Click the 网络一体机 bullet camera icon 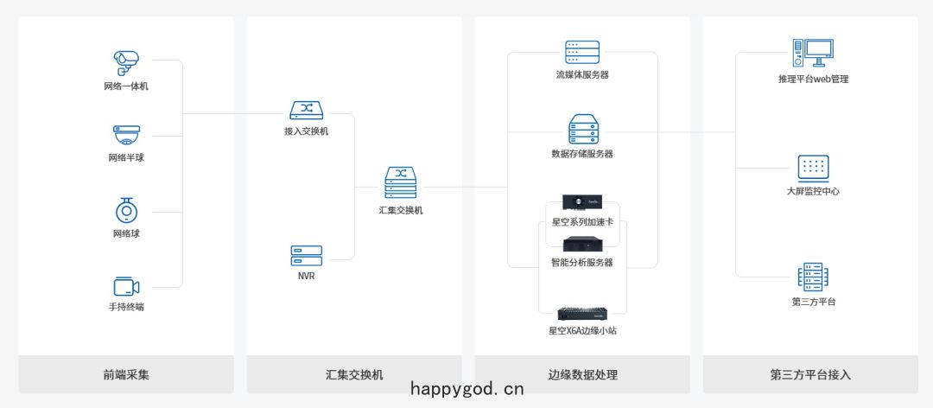click(126, 63)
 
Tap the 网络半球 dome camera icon click(127, 135)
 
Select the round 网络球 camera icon click(126, 210)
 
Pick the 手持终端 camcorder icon click(126, 286)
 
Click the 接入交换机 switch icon click(307, 110)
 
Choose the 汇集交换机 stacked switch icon click(401, 182)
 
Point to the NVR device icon click(307, 256)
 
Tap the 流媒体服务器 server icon click(582, 53)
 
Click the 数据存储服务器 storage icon click(582, 130)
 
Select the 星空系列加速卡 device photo click(582, 203)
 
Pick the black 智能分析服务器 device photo click(582, 245)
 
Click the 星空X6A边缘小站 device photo click(582, 314)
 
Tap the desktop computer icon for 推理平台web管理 click(813, 53)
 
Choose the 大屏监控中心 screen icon click(813, 169)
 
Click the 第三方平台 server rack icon click(813, 277)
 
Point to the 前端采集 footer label click(125, 374)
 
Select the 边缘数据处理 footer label click(582, 374)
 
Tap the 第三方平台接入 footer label click(810, 374)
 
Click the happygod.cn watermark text click(467, 390)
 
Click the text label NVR click(307, 277)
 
